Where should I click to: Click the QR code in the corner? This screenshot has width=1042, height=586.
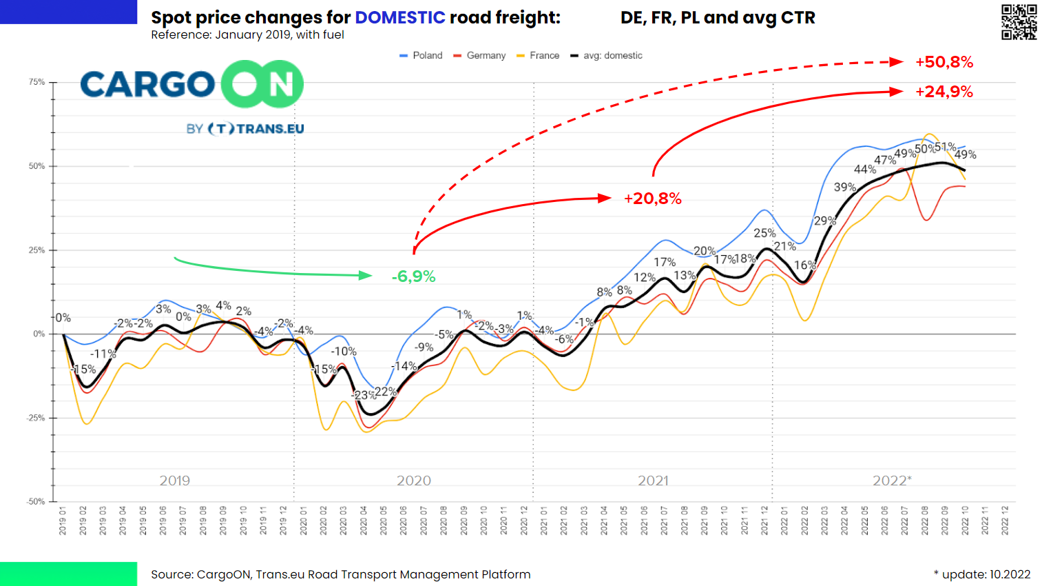click(x=1019, y=22)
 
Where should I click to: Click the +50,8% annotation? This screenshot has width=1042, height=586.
click(x=944, y=63)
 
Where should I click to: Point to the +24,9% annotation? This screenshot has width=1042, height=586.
click(x=944, y=92)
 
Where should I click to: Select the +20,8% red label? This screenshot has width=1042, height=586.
click(x=652, y=199)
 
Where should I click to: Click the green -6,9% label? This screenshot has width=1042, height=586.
click(x=413, y=277)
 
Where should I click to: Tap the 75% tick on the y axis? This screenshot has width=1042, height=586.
click(x=37, y=82)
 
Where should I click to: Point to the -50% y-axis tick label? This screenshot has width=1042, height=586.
click(x=35, y=502)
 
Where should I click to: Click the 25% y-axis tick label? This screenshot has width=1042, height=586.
click(x=37, y=250)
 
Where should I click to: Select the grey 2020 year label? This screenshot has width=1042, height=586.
click(x=414, y=481)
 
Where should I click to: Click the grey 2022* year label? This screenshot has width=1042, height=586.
click(x=892, y=481)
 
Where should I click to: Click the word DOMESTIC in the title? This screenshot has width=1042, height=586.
click(x=400, y=18)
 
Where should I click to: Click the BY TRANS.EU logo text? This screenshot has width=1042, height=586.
click(x=245, y=129)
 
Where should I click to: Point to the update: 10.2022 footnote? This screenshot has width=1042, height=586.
click(x=982, y=574)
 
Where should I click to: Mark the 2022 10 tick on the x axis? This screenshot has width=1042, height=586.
click(x=966, y=521)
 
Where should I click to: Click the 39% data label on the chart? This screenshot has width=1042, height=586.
click(x=845, y=188)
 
